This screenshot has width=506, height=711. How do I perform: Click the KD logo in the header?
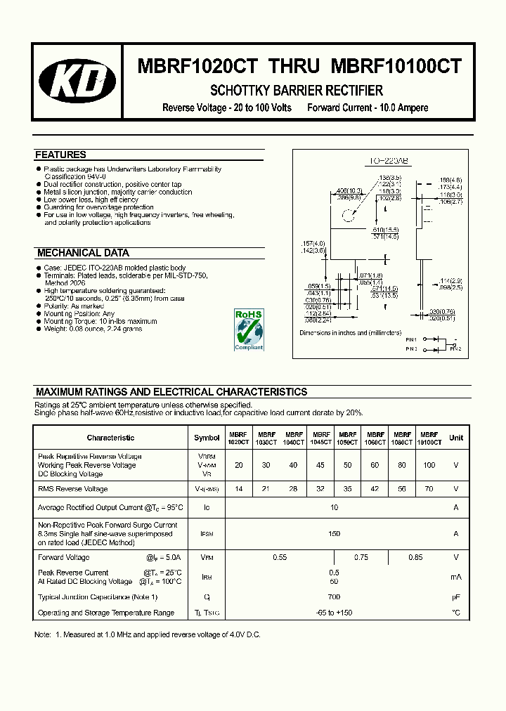click(77, 81)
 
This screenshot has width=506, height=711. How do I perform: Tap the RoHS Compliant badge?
click(248, 329)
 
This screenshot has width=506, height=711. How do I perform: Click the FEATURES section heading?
click(60, 155)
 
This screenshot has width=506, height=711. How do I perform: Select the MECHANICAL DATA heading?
click(83, 253)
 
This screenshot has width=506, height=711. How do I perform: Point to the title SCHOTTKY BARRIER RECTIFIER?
click(297, 91)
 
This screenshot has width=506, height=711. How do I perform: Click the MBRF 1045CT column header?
click(321, 439)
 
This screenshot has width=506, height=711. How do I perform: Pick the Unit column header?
click(456, 438)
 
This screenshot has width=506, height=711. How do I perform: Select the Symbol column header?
click(207, 438)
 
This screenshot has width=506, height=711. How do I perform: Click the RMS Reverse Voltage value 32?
click(321, 489)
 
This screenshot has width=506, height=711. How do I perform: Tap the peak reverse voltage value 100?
click(429, 465)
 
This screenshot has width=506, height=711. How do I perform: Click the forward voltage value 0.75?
click(361, 557)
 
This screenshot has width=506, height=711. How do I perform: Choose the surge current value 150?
click(334, 534)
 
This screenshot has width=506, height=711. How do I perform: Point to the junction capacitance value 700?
click(334, 597)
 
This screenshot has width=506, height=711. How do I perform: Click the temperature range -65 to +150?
click(334, 613)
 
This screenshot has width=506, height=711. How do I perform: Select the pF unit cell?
click(456, 597)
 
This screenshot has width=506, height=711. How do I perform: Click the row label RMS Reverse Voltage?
click(73, 489)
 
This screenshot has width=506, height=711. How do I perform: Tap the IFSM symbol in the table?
click(207, 534)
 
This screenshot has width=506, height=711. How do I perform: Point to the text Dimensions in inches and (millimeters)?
click(351, 333)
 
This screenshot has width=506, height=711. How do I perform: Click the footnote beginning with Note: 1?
click(148, 635)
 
